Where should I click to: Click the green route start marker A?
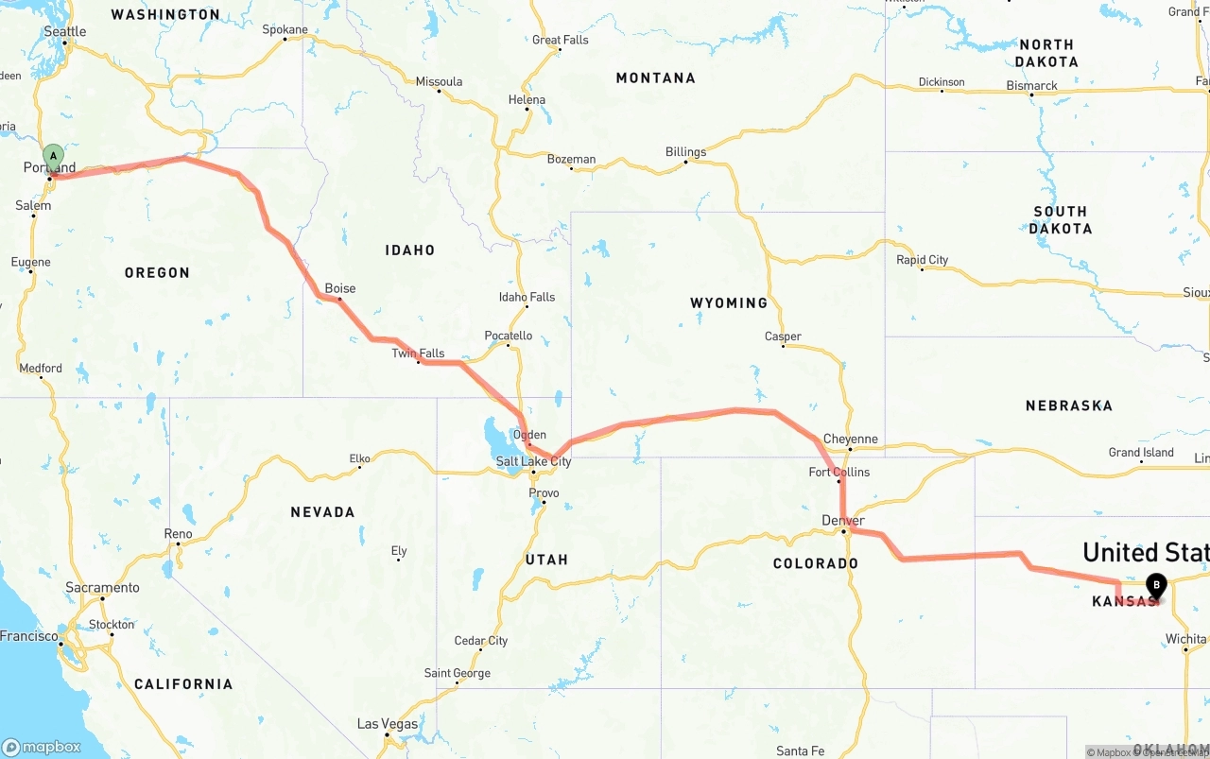[x=54, y=156]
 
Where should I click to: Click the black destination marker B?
[x=1156, y=585]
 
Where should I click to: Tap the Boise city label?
[x=340, y=288]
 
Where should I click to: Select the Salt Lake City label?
[x=533, y=461]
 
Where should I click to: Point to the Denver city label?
[x=842, y=521]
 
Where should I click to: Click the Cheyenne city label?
[x=850, y=439]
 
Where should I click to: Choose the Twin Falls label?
[x=418, y=354]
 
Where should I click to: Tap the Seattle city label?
[x=65, y=31]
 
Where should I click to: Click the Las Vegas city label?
[x=387, y=724]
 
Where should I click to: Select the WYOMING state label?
[x=728, y=303]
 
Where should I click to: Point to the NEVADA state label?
[x=322, y=512]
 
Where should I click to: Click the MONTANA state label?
[x=655, y=78]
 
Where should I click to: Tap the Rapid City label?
[x=922, y=260]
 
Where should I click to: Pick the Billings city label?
[x=685, y=151]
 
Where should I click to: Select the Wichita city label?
[x=1185, y=639]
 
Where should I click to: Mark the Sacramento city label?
[x=102, y=587]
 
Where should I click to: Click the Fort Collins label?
[x=838, y=472]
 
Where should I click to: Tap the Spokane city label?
[x=285, y=29]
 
